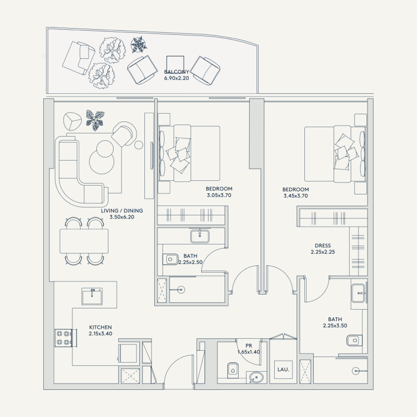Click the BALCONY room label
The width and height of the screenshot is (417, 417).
(176, 72)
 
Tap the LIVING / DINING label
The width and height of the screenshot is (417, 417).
(122, 211)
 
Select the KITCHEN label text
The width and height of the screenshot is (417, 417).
(100, 327)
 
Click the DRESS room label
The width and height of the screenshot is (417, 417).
(323, 246)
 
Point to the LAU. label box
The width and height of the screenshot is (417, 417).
(283, 369)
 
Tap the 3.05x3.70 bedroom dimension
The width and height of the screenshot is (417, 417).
(219, 195)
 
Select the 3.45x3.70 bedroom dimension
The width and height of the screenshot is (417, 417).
(296, 196)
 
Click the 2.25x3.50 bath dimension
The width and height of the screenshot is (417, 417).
(335, 326)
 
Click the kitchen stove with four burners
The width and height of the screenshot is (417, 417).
(63, 338)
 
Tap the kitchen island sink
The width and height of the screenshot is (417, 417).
(92, 296)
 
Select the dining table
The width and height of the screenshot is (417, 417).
(84, 240)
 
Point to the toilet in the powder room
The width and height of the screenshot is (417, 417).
(232, 370)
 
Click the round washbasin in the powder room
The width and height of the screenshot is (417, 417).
(255, 377)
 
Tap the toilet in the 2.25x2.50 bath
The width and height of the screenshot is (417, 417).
(170, 259)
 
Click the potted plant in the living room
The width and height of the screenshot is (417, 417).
(95, 120)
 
